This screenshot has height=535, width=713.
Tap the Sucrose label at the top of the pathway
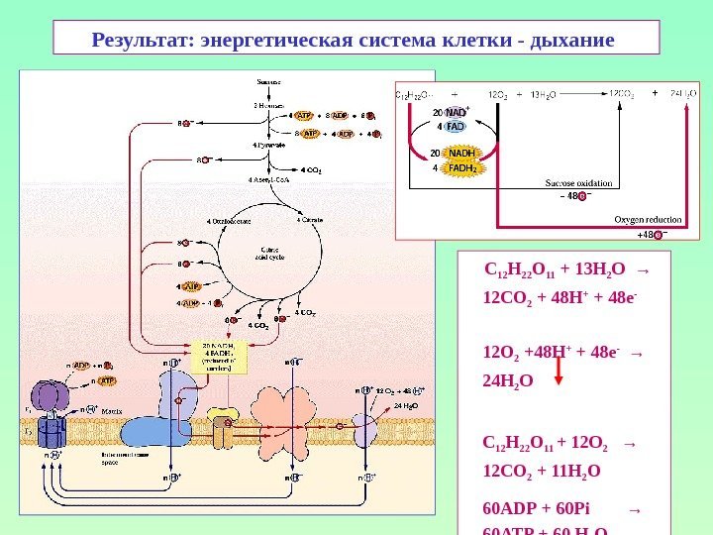[x=268, y=81]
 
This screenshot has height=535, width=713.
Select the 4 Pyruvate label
[x=269, y=145]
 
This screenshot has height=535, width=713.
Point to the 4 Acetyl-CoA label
[x=268, y=180]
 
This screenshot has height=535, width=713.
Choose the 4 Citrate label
[x=309, y=220]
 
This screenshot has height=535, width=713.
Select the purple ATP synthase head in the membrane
[x=46, y=397]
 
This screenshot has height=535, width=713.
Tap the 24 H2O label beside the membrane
[x=407, y=406]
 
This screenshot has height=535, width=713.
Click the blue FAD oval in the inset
[x=456, y=127]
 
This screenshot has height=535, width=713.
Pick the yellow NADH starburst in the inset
[x=461, y=153]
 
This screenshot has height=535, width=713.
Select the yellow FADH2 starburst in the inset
[x=461, y=168]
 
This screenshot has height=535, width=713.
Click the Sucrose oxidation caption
[x=578, y=183]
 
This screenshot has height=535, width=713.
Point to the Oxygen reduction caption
[x=648, y=219]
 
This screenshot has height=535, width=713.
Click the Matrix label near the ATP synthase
[x=111, y=409]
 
